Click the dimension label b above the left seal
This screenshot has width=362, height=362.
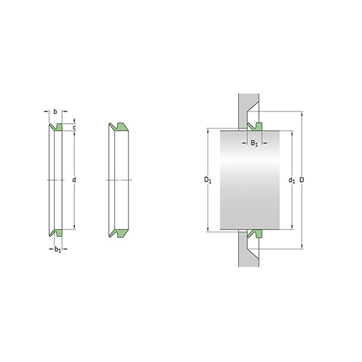(55, 112)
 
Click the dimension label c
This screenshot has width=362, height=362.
(74, 128)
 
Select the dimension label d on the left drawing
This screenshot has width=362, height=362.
(74, 180)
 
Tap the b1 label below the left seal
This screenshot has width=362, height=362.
(58, 249)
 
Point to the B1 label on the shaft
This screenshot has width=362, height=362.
(254, 143)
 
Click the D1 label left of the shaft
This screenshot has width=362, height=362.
(207, 180)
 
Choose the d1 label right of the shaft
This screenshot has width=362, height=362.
(292, 180)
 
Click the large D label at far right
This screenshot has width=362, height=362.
(301, 180)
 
